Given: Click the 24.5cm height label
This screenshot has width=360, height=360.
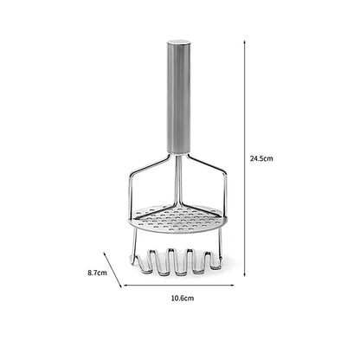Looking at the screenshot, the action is [261, 158].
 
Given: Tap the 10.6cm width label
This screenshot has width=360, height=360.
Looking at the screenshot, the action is [183, 298].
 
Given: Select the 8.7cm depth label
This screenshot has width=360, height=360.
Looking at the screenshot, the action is [97, 273].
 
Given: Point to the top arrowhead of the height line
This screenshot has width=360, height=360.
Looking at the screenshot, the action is [245, 42].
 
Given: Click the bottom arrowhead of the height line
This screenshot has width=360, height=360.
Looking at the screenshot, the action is [245, 274].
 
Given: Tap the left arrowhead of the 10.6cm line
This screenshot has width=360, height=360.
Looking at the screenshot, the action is [125, 286].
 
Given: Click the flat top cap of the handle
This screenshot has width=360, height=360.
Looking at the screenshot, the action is [179, 42].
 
